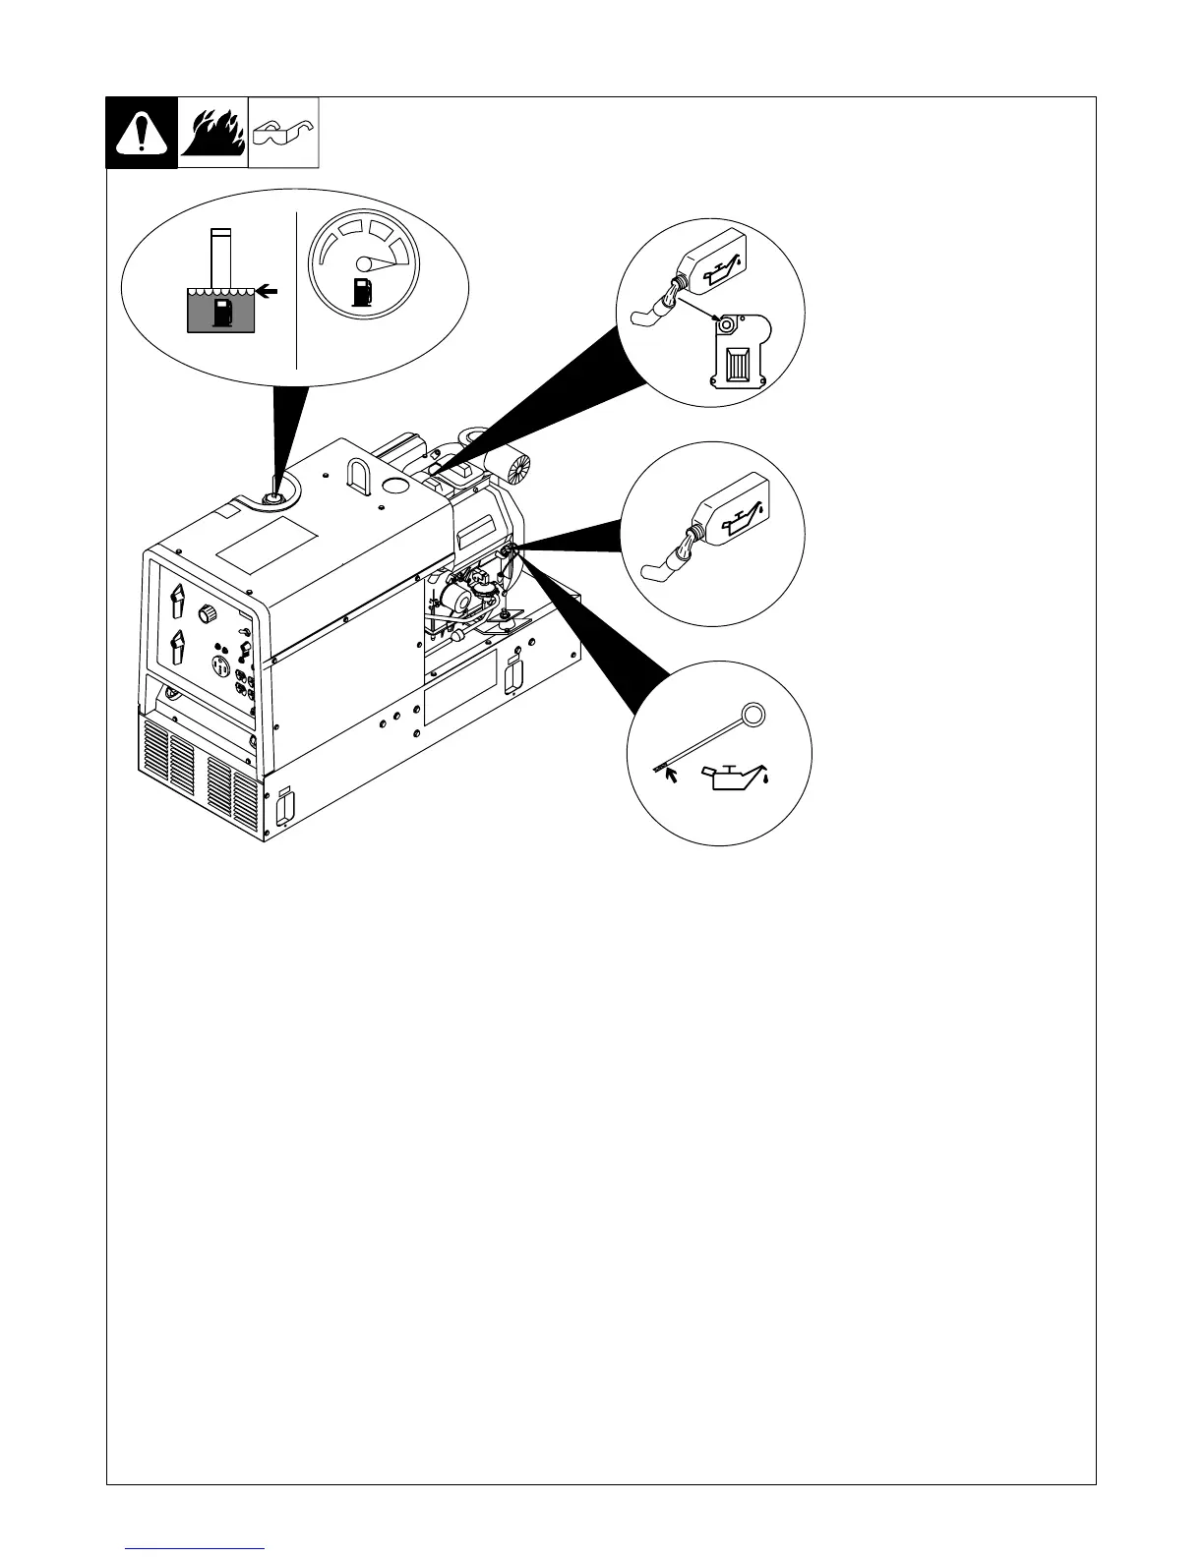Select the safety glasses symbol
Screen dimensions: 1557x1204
[284, 133]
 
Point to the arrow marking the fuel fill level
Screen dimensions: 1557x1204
[267, 291]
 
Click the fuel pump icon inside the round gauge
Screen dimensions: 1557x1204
[362, 291]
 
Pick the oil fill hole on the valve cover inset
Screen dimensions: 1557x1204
[726, 323]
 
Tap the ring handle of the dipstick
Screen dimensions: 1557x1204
[752, 715]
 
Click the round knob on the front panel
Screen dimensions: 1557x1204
[208, 614]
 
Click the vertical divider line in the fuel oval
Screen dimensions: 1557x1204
[296, 289]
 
